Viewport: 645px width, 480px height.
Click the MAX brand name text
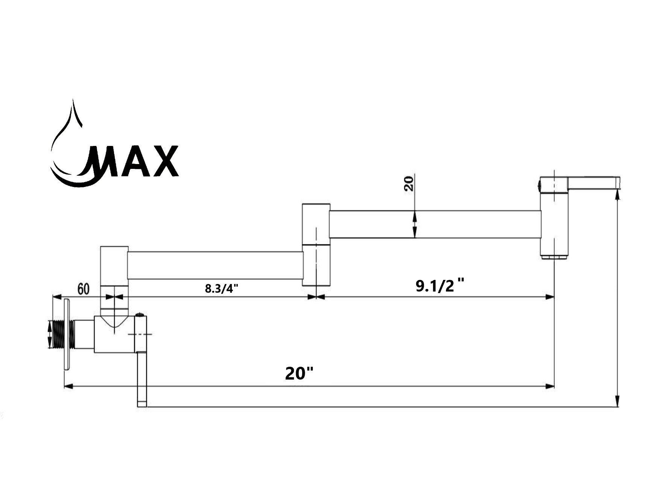[132, 161]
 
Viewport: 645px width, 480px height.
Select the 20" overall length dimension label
[299, 373]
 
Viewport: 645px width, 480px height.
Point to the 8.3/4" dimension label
[222, 289]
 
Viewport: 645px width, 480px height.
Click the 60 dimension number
[84, 289]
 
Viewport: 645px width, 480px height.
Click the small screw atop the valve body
[140, 314]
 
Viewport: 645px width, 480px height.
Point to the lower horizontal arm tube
[215, 266]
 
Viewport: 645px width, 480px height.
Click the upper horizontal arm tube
[435, 224]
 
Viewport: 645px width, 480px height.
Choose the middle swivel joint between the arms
[316, 245]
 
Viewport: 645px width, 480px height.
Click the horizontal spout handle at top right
[594, 183]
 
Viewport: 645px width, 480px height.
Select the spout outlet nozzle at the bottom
[554, 257]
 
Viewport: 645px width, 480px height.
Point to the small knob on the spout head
[539, 185]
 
